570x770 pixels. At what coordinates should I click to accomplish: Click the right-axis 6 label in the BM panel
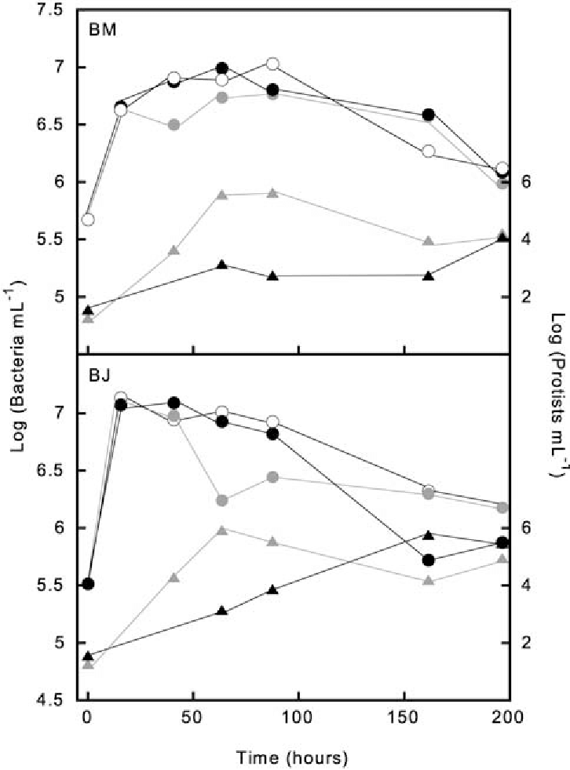pyautogui.click(x=526, y=181)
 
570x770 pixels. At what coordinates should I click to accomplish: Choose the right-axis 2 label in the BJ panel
pyautogui.click(x=526, y=643)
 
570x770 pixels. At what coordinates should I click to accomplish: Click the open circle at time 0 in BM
pyautogui.click(x=88, y=219)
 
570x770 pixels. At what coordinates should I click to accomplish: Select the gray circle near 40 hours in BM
pyautogui.click(x=174, y=125)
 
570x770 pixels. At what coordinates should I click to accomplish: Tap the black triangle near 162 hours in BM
pyautogui.click(x=429, y=276)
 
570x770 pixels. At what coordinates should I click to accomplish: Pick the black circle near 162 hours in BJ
pyautogui.click(x=429, y=582)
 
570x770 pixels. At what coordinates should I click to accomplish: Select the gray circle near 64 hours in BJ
pyautogui.click(x=221, y=500)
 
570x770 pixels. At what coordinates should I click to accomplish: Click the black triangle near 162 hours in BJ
pyautogui.click(x=429, y=557)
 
